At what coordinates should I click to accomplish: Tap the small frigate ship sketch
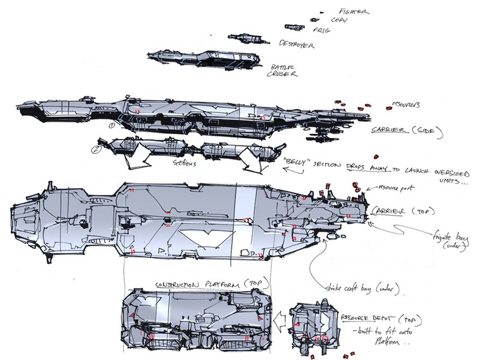coord(293,26)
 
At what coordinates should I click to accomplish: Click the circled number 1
coord(112,125)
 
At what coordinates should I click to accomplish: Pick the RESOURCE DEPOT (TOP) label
coord(370,316)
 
